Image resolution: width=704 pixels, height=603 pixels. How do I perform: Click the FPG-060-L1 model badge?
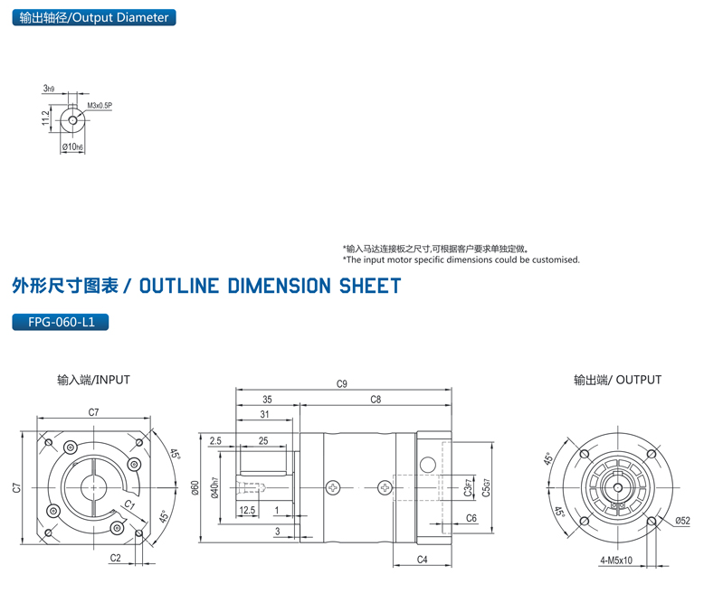pyautogui.click(x=61, y=321)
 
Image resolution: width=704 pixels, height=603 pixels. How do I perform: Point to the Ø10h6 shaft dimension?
pyautogui.click(x=72, y=146)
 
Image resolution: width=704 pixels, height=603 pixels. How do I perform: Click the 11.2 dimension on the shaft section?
pyautogui.click(x=44, y=118)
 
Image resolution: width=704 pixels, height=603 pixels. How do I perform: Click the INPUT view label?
pyautogui.click(x=93, y=380)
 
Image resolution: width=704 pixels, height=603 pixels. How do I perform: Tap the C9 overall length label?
pyautogui.click(x=341, y=384)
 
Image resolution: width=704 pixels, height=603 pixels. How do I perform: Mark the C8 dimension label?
pyautogui.click(x=376, y=399)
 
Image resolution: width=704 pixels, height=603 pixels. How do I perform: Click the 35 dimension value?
pyautogui.click(x=267, y=399)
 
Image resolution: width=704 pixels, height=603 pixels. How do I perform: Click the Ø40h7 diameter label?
pyautogui.click(x=214, y=490)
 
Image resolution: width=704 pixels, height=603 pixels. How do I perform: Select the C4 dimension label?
pyautogui.click(x=422, y=560)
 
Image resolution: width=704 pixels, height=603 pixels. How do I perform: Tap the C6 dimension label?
pyautogui.click(x=471, y=518)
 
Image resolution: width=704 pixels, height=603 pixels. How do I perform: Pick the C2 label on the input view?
pyautogui.click(x=115, y=559)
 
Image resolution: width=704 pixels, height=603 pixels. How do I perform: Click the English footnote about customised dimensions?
pyautogui.click(x=461, y=259)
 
